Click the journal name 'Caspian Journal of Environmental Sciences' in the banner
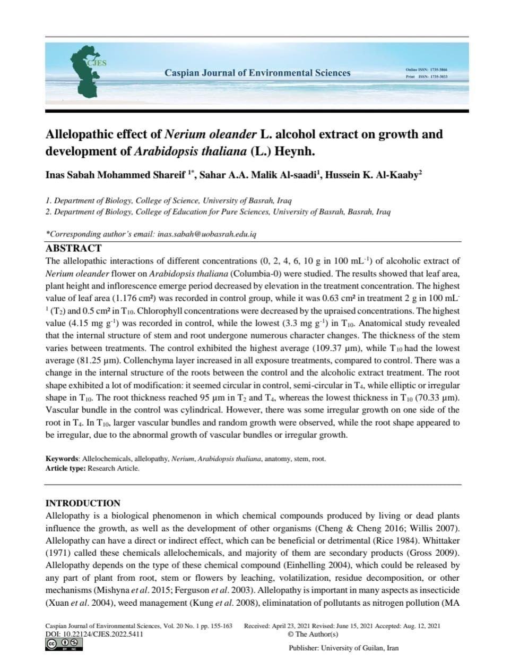point(257,73)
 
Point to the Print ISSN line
point(427,77)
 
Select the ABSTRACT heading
point(73,248)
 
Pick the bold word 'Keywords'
point(62,459)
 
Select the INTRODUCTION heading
point(83,503)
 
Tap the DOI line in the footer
point(94,634)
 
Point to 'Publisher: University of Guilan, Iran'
point(343,648)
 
